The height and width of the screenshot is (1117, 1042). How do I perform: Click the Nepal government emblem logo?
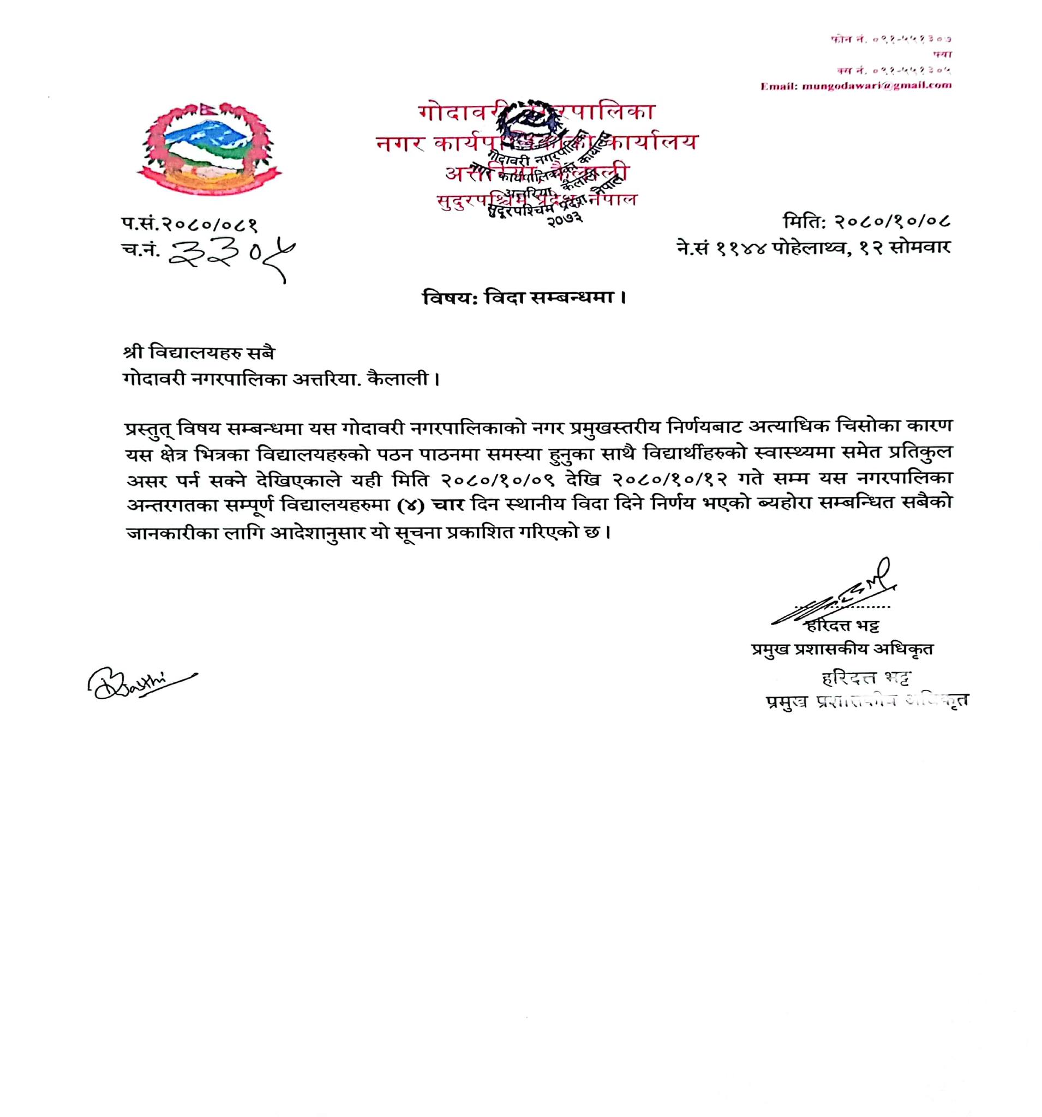point(209,148)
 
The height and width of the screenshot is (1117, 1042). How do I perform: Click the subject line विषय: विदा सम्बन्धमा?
point(524,297)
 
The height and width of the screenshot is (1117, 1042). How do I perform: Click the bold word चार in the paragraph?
point(447,503)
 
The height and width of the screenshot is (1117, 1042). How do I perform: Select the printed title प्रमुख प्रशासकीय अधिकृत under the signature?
point(842,649)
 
